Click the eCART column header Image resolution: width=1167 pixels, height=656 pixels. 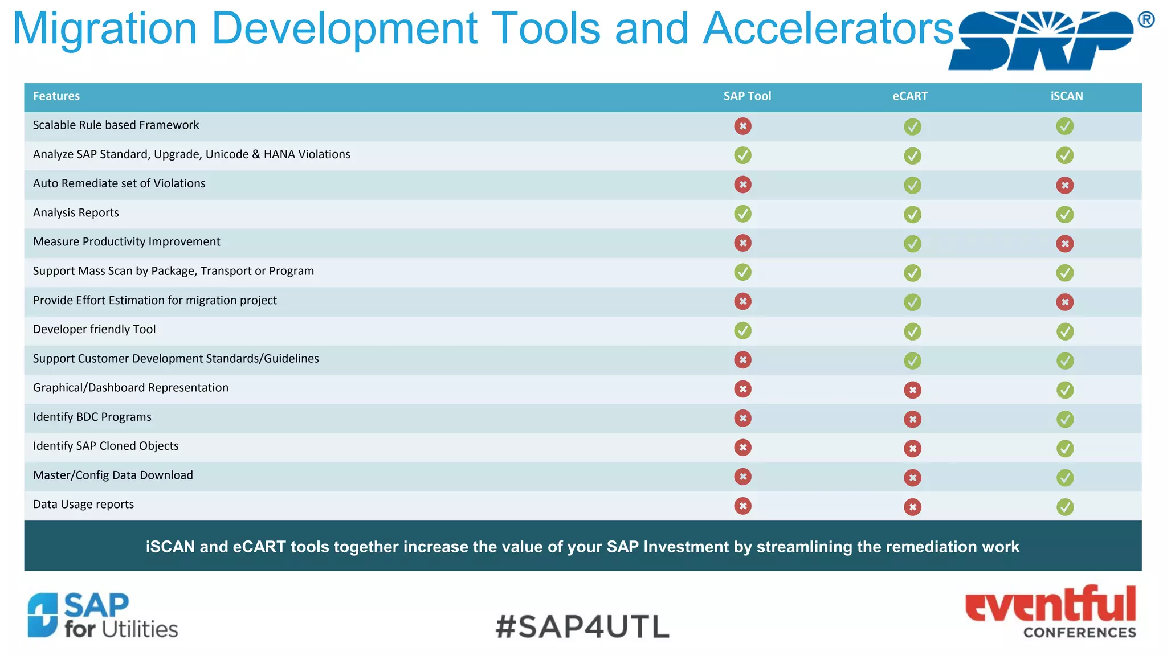(909, 96)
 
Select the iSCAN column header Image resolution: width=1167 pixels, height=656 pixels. (1066, 96)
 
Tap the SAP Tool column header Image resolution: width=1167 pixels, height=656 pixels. (746, 96)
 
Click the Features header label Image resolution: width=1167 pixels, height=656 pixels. (56, 96)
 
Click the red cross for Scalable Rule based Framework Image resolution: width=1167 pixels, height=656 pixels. (742, 126)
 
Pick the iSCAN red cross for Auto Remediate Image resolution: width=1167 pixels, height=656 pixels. (1064, 185)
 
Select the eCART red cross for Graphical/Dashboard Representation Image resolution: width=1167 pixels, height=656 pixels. (912, 390)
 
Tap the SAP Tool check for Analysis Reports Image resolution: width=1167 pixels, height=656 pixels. (742, 214)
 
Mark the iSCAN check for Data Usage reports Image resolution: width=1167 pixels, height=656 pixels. (1064, 507)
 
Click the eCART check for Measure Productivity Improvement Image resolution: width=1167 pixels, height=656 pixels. (912, 244)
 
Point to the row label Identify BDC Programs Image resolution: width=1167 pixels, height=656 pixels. (92, 417)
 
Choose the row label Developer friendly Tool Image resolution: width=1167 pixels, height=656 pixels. (94, 329)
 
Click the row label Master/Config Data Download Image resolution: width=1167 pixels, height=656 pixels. (113, 475)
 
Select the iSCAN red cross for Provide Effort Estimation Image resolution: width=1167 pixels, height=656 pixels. (1064, 302)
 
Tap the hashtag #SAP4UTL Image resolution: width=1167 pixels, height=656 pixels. (582, 626)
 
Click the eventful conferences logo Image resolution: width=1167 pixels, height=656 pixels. (1050, 612)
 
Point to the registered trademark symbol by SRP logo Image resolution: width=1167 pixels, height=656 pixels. (1146, 20)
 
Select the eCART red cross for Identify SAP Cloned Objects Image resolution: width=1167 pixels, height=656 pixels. (912, 448)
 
